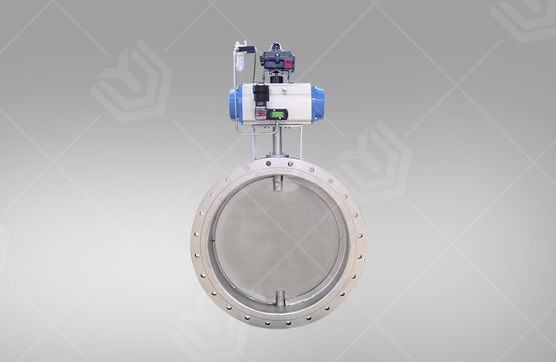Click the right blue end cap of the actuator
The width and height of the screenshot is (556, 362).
[317, 104]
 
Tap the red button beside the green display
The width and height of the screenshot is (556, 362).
[261, 113]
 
